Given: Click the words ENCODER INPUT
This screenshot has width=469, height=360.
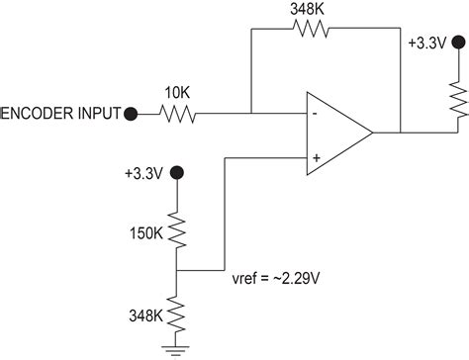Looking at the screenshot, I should pos(59,114).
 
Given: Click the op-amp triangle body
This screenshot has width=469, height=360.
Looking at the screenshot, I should pos(336,132).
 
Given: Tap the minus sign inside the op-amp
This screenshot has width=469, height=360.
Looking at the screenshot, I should pos(315,112).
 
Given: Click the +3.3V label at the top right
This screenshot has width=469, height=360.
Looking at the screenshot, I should pos(428,43).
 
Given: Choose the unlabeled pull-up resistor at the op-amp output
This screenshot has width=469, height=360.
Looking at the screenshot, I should pos(458,104).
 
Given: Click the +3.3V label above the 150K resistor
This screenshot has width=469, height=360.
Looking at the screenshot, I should pos(146,172).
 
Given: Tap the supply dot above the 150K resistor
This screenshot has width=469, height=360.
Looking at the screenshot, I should pos(177,173).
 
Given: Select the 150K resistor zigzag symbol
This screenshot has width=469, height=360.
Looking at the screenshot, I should pos(177,229).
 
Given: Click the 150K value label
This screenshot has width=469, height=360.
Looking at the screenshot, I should pos(147,234).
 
